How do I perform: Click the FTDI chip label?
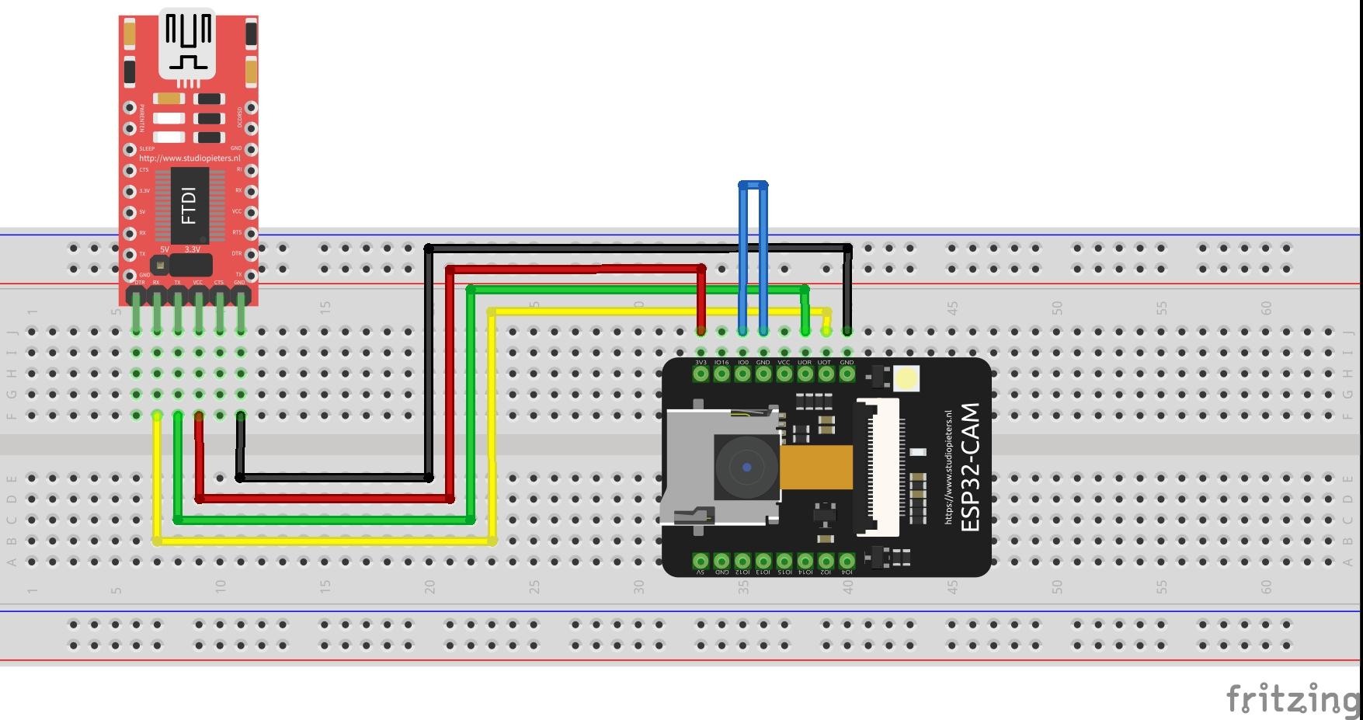pos(189,205)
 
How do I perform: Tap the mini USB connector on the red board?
pos(187,43)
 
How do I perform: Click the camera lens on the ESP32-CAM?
pos(746,467)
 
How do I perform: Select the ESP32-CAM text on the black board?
pos(971,467)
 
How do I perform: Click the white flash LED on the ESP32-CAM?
pos(906,379)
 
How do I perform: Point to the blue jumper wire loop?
pos(753,185)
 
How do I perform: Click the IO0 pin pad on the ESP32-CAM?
pos(742,374)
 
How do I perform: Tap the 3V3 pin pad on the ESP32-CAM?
pos(701,374)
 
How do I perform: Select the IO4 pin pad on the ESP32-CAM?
pos(847,560)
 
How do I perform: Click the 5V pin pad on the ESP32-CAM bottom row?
pos(701,560)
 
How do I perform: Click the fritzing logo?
pos(1292,699)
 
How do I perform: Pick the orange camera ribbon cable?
pos(815,468)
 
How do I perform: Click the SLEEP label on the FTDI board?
pos(147,148)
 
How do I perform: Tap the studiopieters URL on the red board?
pos(189,158)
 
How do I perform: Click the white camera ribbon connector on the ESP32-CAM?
pos(878,467)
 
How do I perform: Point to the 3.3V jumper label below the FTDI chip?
pos(192,249)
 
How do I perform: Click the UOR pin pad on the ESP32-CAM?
pos(805,374)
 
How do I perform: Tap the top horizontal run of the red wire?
pos(575,269)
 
